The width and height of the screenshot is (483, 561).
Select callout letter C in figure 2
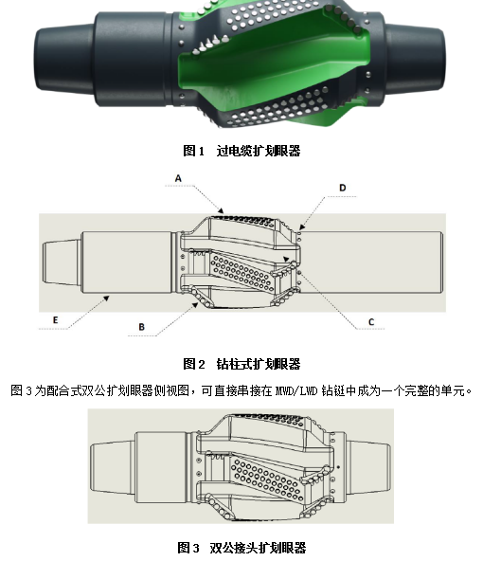pyautogui.click(x=371, y=322)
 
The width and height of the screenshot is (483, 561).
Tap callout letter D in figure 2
pyautogui.click(x=342, y=188)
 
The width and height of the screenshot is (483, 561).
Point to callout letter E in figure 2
pyautogui.click(x=56, y=321)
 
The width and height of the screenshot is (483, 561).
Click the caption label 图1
pyautogui.click(x=194, y=150)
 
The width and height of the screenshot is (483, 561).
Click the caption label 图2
pyautogui.click(x=194, y=364)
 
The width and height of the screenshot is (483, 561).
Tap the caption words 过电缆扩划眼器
pyautogui.click(x=259, y=150)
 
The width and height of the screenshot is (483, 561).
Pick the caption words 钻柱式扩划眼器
pyautogui.click(x=259, y=364)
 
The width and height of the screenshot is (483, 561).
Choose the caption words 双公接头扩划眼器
pyautogui.click(x=259, y=548)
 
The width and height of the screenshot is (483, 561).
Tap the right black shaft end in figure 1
pyautogui.click(x=431, y=59)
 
